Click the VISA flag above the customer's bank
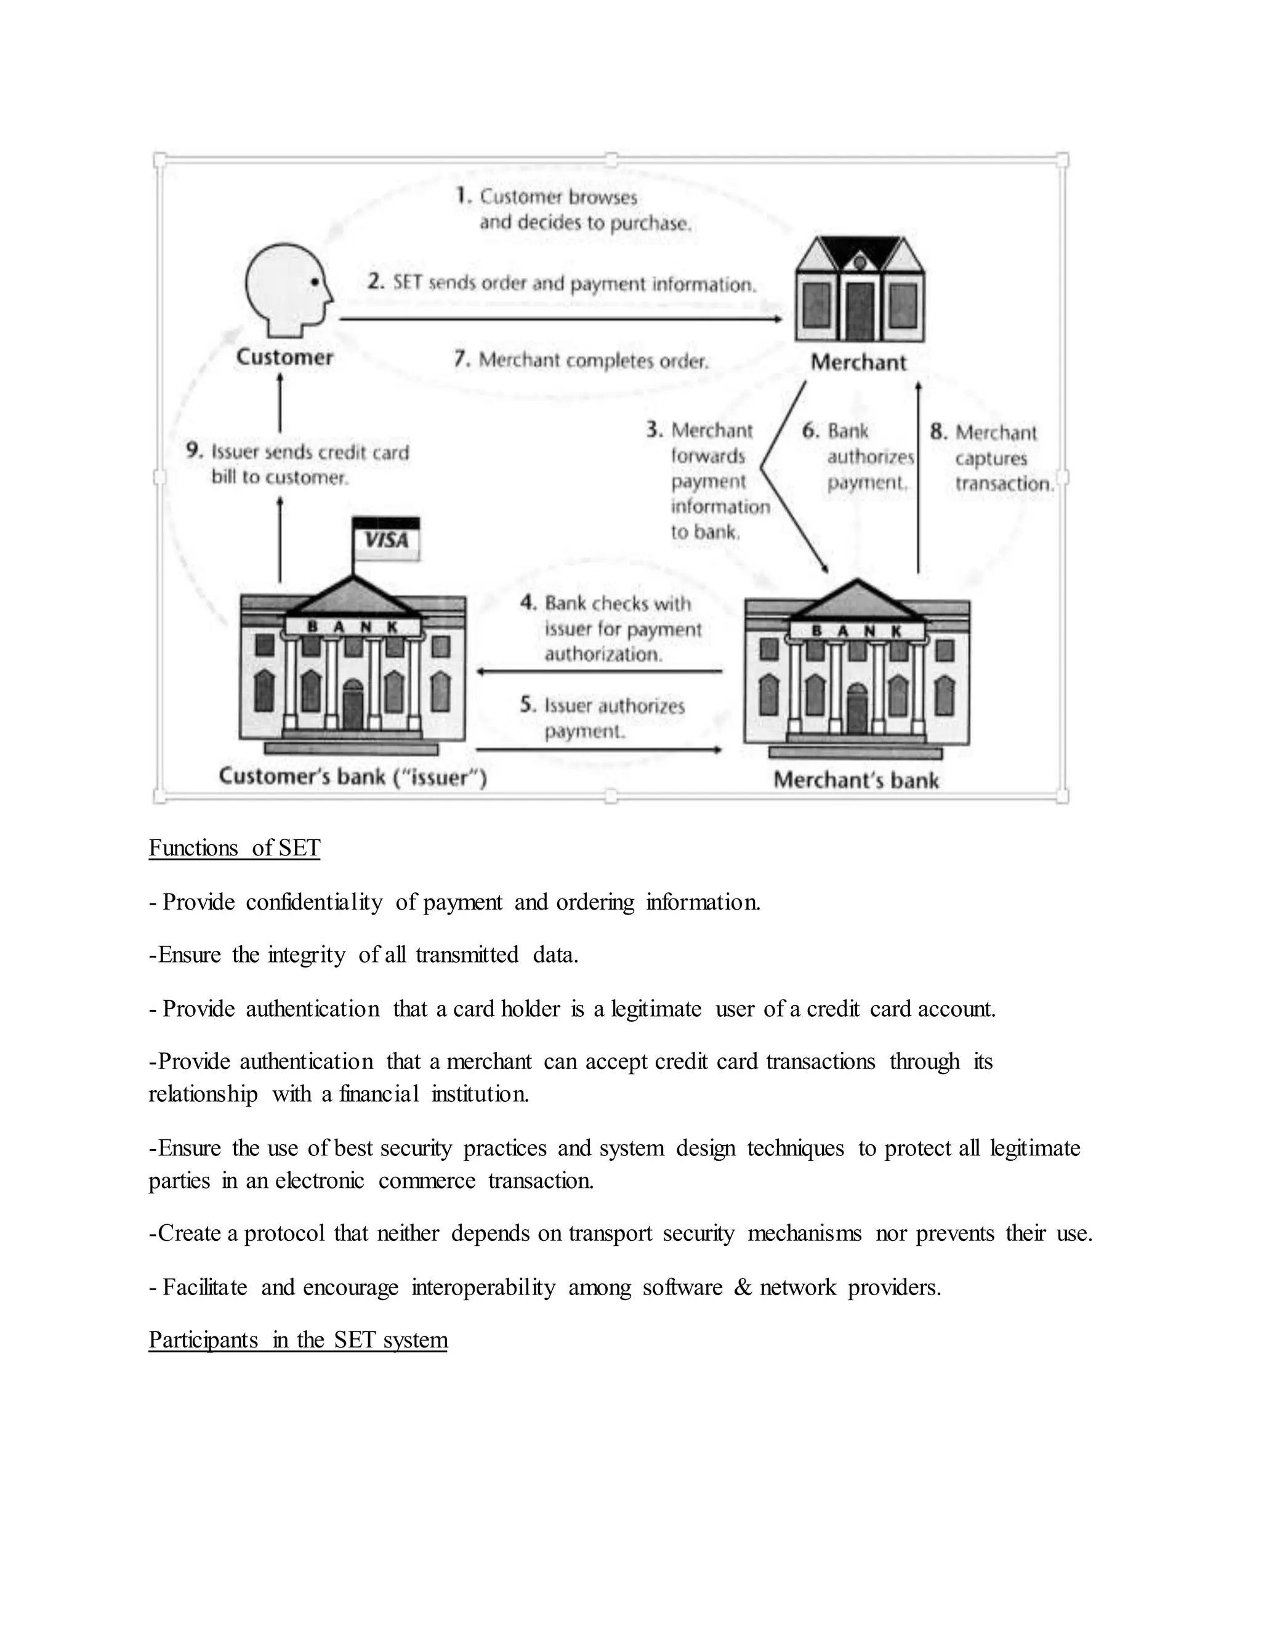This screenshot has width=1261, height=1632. click(386, 539)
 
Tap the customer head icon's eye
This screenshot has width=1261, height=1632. click(315, 281)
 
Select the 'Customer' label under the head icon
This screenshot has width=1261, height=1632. click(284, 357)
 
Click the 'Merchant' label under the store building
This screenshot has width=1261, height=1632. click(858, 362)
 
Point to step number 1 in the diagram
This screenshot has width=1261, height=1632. click(463, 196)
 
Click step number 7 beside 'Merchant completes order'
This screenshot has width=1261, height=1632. click(462, 360)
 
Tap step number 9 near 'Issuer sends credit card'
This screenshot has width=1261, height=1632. click(194, 451)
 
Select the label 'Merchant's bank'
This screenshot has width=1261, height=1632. click(856, 780)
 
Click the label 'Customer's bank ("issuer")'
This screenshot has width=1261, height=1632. click(353, 777)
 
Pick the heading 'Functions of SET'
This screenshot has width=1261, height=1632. click(234, 848)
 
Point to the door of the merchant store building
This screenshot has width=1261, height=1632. click(859, 311)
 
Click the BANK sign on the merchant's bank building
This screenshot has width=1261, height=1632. click(856, 631)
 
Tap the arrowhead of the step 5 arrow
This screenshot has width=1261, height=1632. click(718, 749)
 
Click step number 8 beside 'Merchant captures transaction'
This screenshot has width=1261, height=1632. click(938, 432)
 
